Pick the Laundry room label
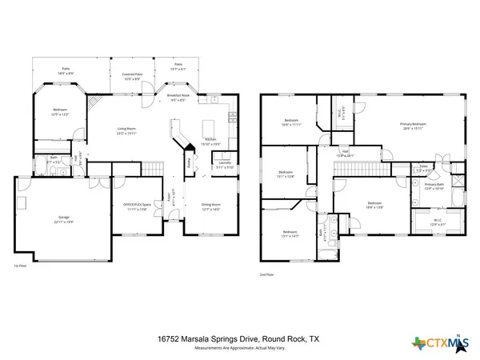pyautogui.click(x=225, y=164)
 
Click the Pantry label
pyautogui.click(x=189, y=162)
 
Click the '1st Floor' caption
pyautogui.click(x=21, y=266)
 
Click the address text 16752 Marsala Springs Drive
pyautogui.click(x=206, y=338)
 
